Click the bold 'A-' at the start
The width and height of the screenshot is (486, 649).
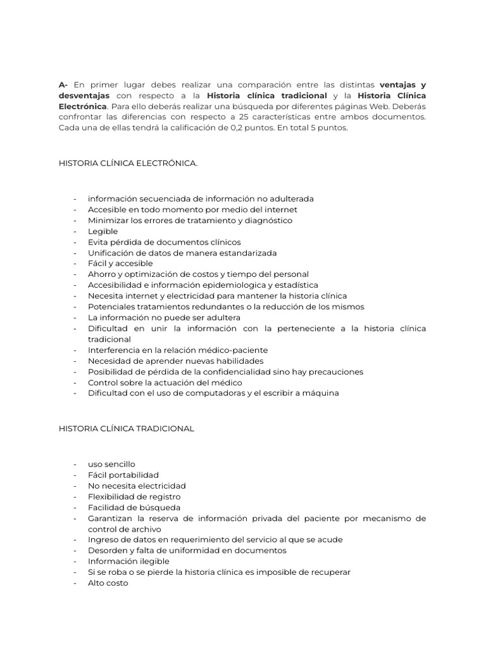[x=63, y=85]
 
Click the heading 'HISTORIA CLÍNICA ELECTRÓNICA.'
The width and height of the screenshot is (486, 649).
[x=128, y=164]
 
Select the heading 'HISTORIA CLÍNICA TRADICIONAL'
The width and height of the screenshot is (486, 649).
[x=126, y=428]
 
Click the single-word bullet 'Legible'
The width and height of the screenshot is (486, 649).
[x=103, y=231]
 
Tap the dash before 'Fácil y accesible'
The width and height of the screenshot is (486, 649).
[x=75, y=264]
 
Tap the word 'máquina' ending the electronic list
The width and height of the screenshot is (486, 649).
[x=321, y=393]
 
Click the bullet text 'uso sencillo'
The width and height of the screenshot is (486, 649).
[x=111, y=464]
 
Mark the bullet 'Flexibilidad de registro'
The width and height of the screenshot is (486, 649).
[x=134, y=496]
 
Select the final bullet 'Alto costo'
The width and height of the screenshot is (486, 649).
[x=108, y=582]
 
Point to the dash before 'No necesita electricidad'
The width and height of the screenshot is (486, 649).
[x=75, y=485]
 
